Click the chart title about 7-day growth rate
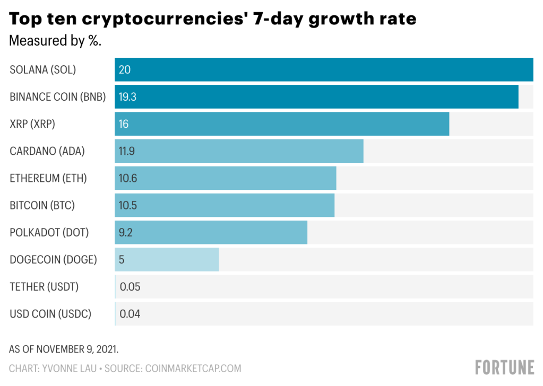(212, 19)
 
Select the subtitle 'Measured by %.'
(55, 41)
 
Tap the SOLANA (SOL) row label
(43, 69)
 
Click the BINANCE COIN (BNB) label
(58, 97)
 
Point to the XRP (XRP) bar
(282, 124)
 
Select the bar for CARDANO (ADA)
(239, 151)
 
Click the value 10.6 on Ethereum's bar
(128, 179)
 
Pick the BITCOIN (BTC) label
(42, 205)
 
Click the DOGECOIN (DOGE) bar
(167, 260)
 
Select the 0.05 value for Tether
(130, 287)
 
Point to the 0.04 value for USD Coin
(130, 314)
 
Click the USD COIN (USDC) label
(50, 314)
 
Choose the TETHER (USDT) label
(44, 287)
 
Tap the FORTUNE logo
(504, 367)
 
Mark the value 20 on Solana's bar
(125, 69)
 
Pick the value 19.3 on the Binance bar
(128, 97)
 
